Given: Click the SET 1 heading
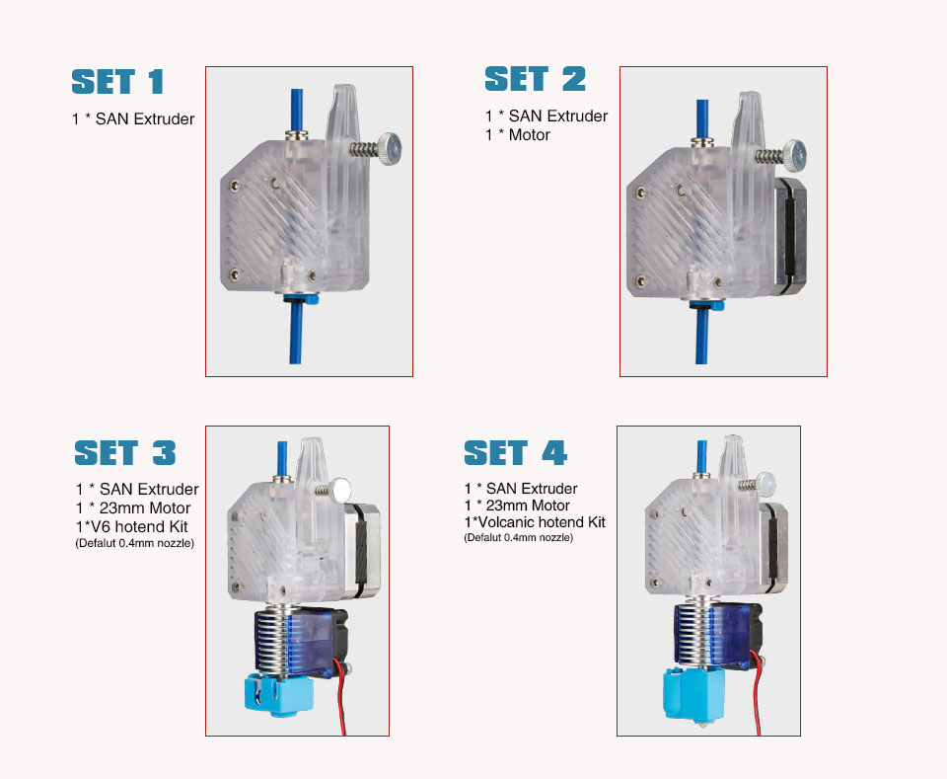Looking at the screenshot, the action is coord(117,82).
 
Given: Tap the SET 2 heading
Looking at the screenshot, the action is coord(535,79).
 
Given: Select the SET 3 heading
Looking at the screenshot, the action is coord(125,452).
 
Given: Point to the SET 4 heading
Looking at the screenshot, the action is coord(515,452).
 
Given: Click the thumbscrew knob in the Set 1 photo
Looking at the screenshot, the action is coord(391,149).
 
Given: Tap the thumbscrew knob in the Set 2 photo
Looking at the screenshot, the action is coord(795,155).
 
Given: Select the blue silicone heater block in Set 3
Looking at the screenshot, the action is coord(278,694).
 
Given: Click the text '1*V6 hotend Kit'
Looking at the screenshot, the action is coord(131,526).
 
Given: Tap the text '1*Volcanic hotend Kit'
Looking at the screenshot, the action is coord(535,522).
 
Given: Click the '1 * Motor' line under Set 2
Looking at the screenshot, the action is coord(517,134).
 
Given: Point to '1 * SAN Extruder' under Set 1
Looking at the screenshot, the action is coord(133,119).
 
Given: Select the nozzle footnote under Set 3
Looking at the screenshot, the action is coord(135,543).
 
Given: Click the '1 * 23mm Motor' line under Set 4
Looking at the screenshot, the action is coord(517,506).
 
